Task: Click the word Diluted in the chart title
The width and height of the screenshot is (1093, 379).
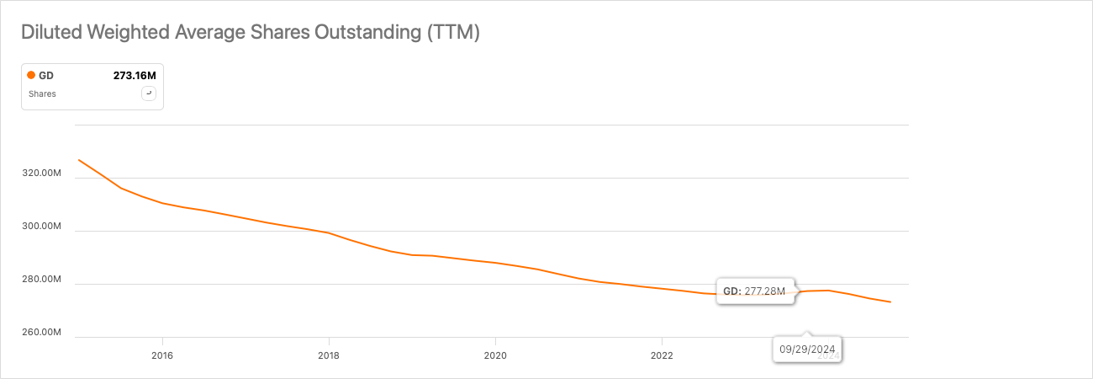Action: pyautogui.click(x=48, y=33)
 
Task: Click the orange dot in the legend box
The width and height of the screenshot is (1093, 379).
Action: pyautogui.click(x=31, y=76)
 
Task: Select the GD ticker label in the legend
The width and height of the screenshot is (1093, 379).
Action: pyautogui.click(x=46, y=76)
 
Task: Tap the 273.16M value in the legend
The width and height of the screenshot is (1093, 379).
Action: pyautogui.click(x=135, y=76)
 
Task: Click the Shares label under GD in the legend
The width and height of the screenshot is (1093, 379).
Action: pyautogui.click(x=42, y=94)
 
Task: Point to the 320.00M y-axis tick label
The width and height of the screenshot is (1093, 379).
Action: pyautogui.click(x=41, y=173)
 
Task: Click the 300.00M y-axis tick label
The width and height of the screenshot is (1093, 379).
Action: pyautogui.click(x=41, y=227)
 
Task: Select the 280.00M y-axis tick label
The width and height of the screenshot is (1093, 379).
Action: pyautogui.click(x=41, y=280)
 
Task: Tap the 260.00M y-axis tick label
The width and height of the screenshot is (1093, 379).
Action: pyautogui.click(x=41, y=333)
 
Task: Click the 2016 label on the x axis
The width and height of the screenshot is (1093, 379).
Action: pyautogui.click(x=161, y=355)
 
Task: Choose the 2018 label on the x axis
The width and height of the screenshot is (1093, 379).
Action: pyautogui.click(x=329, y=355)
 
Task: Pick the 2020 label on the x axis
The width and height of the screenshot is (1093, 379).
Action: pyautogui.click(x=495, y=355)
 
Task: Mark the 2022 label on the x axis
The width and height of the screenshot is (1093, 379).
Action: pyautogui.click(x=662, y=355)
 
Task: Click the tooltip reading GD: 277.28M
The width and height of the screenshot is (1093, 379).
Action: pyautogui.click(x=754, y=291)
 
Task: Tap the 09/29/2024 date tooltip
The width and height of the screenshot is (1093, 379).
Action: pyautogui.click(x=807, y=348)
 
